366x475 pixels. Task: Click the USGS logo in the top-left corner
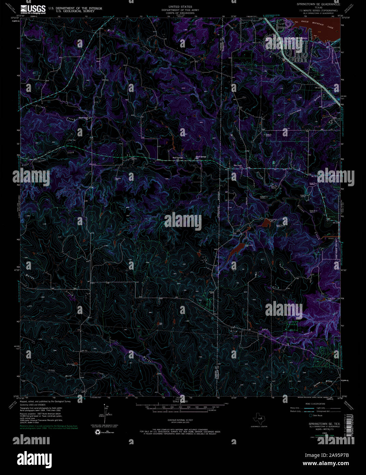click(33, 9)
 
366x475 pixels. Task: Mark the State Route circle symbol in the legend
click(311, 416)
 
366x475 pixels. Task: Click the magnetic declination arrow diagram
click(105, 413)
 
